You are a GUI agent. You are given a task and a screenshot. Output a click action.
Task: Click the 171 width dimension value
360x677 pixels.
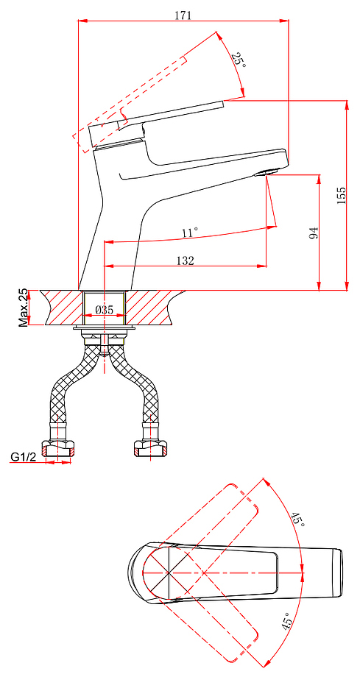(x=183, y=15)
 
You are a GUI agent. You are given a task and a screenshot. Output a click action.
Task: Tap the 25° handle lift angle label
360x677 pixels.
(x=239, y=59)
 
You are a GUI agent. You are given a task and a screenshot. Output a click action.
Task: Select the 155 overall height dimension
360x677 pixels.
(x=342, y=196)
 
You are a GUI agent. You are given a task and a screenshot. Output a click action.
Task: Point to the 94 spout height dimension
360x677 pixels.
(x=314, y=233)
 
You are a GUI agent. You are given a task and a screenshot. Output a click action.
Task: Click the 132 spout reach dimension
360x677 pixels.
(x=186, y=260)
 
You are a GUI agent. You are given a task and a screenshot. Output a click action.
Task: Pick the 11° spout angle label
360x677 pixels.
(x=190, y=233)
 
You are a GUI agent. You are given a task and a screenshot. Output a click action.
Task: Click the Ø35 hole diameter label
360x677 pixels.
(x=104, y=310)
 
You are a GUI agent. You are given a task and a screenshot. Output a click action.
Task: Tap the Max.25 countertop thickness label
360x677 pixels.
(x=24, y=308)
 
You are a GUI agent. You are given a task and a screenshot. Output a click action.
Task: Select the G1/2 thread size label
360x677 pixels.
(x=24, y=457)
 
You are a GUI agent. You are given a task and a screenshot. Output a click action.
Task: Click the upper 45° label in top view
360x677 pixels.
(x=297, y=519)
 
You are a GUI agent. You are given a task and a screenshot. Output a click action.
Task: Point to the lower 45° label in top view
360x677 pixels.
(x=287, y=621)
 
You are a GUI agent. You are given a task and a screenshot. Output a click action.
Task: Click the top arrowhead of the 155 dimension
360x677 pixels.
(x=347, y=106)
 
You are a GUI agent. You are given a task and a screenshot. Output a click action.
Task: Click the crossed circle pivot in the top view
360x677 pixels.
(x=167, y=573)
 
